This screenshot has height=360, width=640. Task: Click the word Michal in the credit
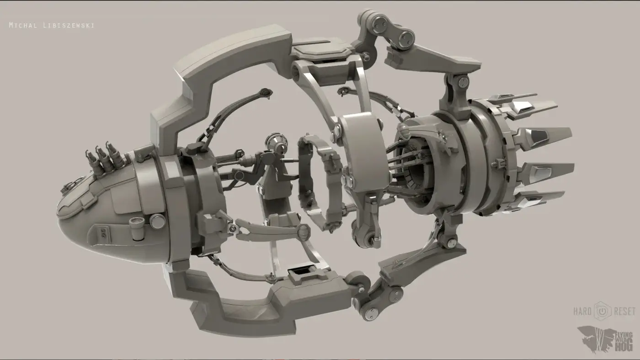pos(23,25)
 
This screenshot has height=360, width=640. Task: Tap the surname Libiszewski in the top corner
pos(69,25)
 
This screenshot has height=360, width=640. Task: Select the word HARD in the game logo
pos(582,311)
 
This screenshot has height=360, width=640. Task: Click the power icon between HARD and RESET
pos(603,311)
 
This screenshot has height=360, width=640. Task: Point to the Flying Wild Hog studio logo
pos(605,339)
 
